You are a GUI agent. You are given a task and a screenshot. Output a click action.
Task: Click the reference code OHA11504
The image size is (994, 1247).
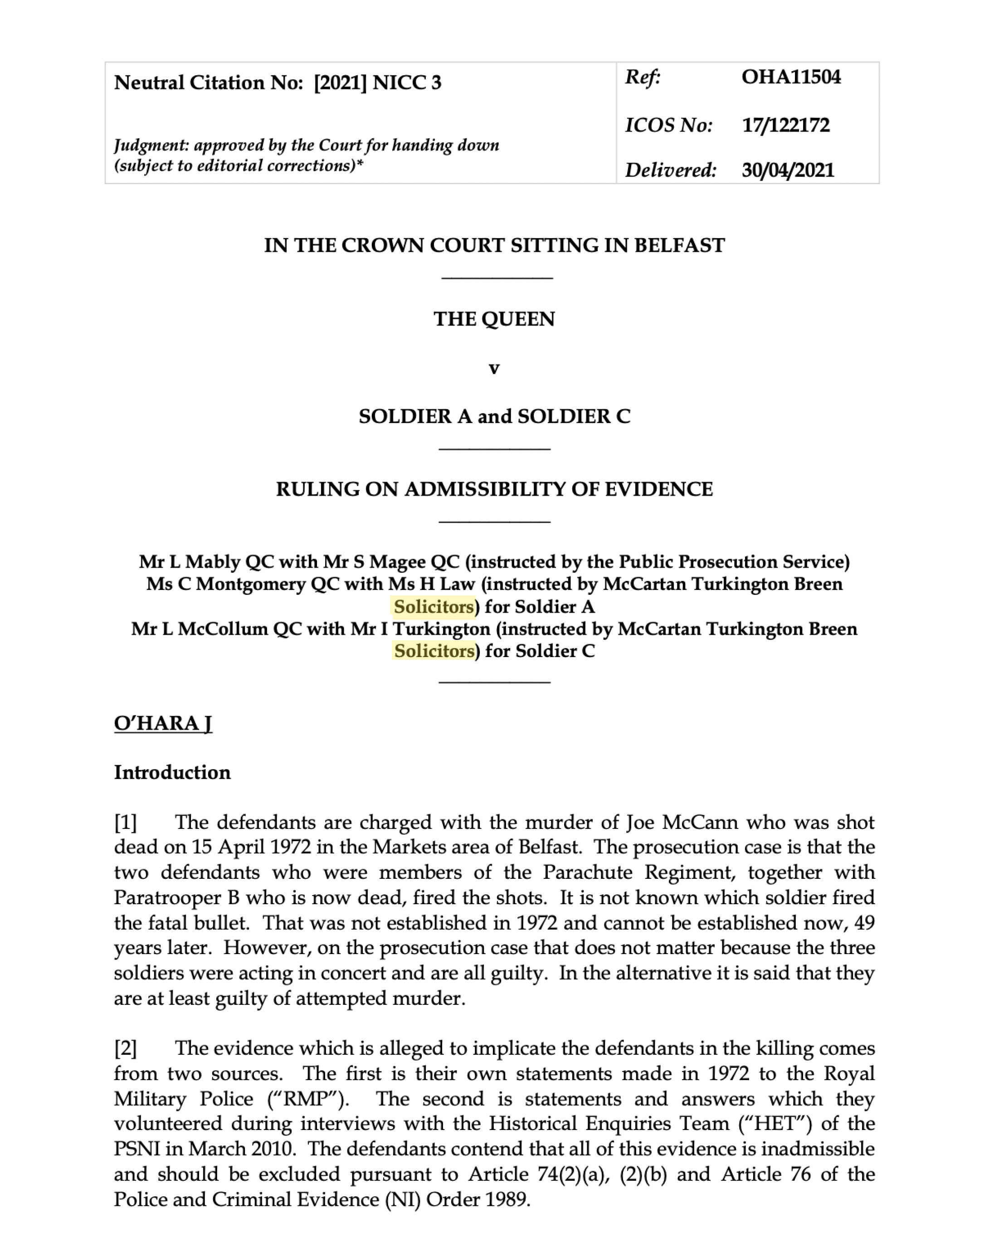click(x=790, y=77)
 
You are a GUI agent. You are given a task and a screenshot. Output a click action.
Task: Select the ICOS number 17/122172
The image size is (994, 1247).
click(x=785, y=125)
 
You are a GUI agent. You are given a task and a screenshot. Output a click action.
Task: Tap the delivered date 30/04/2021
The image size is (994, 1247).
click(x=788, y=170)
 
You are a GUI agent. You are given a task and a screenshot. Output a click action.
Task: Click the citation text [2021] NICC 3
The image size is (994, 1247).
click(x=378, y=83)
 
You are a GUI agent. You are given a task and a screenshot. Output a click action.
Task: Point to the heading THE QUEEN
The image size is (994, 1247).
click(x=494, y=319)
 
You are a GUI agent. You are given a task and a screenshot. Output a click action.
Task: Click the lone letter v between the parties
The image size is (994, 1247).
click(x=494, y=367)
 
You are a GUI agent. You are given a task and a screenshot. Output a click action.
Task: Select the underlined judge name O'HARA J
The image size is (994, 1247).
click(x=163, y=723)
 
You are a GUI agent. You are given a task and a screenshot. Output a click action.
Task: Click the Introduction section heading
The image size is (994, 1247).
click(x=172, y=772)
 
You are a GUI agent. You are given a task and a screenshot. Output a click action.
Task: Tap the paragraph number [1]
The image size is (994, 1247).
click(x=126, y=822)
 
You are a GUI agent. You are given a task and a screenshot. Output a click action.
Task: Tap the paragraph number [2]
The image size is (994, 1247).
click(x=126, y=1048)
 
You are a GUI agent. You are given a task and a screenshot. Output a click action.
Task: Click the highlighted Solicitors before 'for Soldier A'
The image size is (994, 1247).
click(x=434, y=607)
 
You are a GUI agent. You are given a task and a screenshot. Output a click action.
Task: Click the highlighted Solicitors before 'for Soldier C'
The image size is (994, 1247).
click(x=434, y=651)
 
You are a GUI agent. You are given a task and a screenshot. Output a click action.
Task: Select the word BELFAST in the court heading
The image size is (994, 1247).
click(x=679, y=245)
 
